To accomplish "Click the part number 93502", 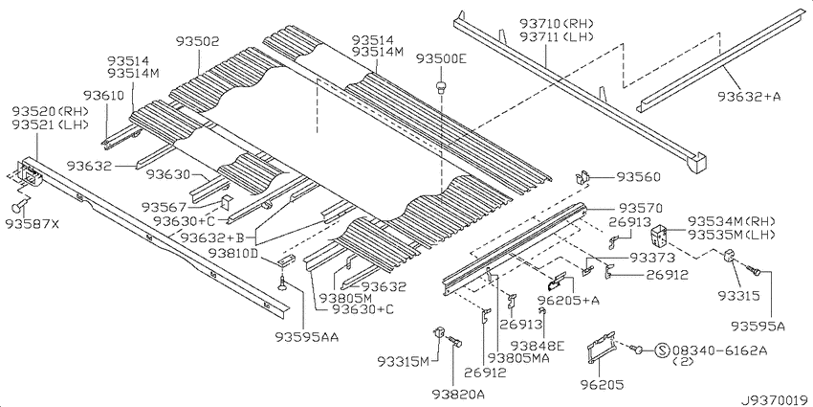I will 198,41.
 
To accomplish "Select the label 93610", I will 102,96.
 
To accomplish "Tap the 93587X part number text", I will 33,224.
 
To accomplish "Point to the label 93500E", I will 441,59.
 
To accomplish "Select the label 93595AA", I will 306,335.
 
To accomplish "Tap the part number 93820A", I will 457,394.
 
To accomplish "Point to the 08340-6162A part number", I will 719,351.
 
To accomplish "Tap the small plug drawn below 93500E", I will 441,88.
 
